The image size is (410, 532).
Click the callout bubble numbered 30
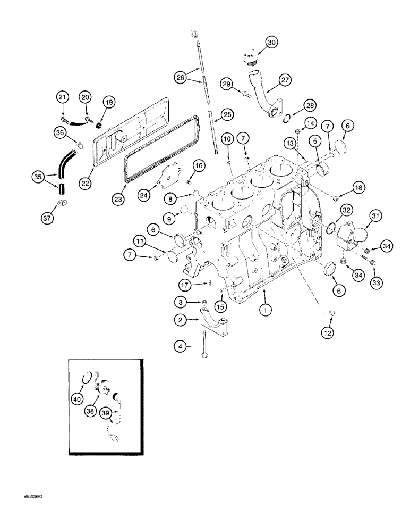coord(271,42)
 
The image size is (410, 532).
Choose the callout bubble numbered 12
coord(329,333)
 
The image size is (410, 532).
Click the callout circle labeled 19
coord(108,102)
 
